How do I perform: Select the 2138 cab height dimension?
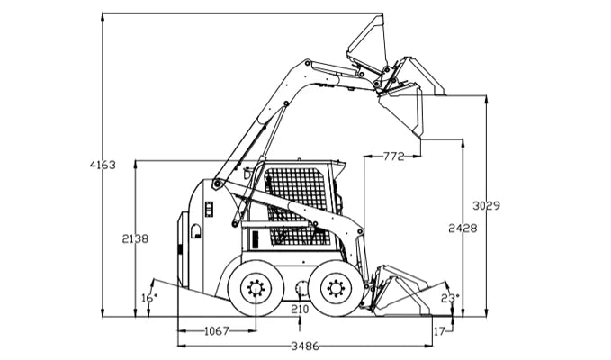[x=134, y=238]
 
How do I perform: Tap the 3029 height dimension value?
[x=486, y=206]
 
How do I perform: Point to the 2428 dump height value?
[x=463, y=229]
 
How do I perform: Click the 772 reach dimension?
[x=392, y=157]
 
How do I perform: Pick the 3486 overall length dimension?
[x=301, y=346]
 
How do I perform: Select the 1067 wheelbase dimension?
[x=215, y=331]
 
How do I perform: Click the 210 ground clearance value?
[x=300, y=310]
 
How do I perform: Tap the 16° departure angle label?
[x=148, y=297]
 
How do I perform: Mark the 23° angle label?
[x=450, y=297]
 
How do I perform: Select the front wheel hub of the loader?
[x=337, y=288]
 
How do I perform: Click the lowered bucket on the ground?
[x=400, y=290]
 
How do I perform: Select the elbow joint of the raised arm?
[x=308, y=65]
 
